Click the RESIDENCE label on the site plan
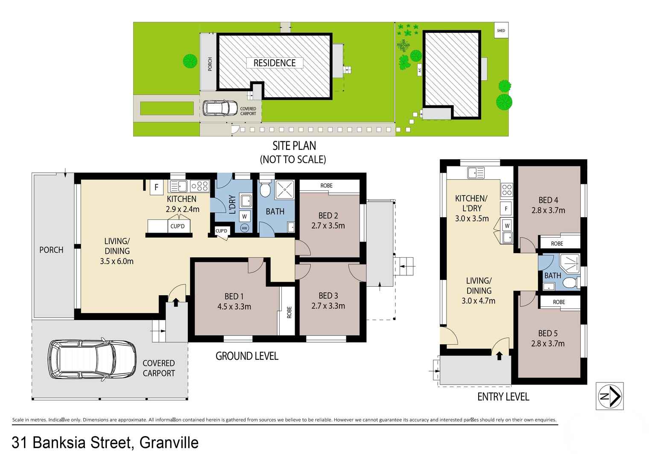pos(274,63)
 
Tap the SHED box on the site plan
pos(501,30)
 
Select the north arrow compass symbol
pos(610,396)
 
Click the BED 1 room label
pos(234,297)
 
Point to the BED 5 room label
pos(548,333)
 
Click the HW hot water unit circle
pos(245,228)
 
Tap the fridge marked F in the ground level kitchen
pos(156,187)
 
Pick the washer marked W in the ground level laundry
pos(245,216)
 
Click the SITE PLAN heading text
pos(294,146)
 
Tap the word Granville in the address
pos(169,443)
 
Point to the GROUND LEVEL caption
pos(247,356)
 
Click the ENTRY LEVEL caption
pos(503,397)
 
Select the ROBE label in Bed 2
pos(326,186)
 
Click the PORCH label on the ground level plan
pos(51,250)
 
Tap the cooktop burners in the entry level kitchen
pos(507,189)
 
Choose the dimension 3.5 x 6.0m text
pos(117,261)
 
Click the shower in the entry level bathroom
pos(569,263)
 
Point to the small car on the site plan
pos(220,108)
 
